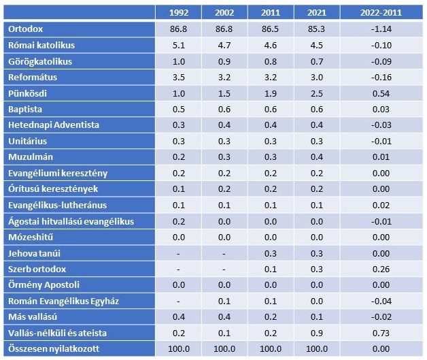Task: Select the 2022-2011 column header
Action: (x=381, y=12)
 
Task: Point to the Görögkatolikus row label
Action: (x=40, y=61)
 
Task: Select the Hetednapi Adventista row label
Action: (x=54, y=125)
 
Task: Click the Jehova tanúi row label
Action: (x=35, y=253)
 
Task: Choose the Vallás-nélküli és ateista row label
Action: (x=58, y=333)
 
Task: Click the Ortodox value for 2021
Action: (x=315, y=29)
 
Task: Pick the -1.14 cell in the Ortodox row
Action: (x=381, y=29)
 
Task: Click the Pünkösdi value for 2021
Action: (x=315, y=93)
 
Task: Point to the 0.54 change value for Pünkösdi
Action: (x=381, y=93)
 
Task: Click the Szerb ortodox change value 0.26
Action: (x=381, y=269)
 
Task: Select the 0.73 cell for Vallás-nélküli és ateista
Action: (x=381, y=333)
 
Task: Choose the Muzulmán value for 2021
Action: (x=315, y=157)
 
